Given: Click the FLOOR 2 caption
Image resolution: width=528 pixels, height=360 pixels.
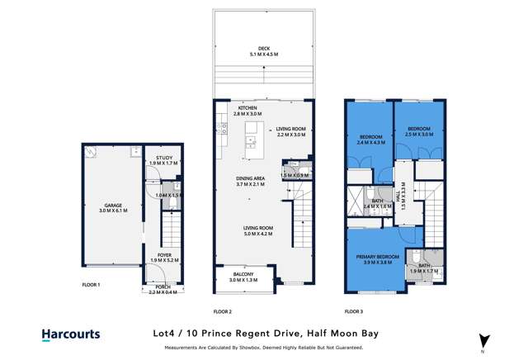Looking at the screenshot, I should coord(222,312).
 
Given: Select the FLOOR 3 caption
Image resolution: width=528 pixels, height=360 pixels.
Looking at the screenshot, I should coord(353,312).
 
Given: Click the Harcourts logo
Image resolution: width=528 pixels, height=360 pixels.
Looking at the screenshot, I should coord(71,334).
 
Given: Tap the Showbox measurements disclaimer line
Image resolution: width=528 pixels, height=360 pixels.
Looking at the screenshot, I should coord(264,348).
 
